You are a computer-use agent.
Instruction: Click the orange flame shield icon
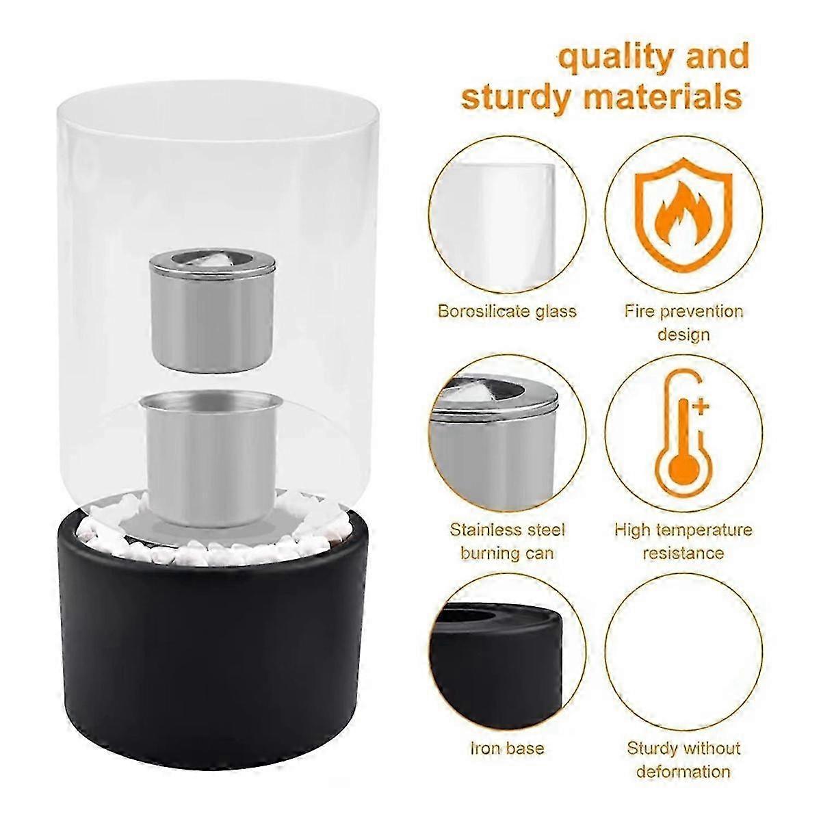tap(683, 215)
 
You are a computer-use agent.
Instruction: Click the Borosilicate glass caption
tap(507, 311)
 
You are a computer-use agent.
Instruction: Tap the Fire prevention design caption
tap(683, 323)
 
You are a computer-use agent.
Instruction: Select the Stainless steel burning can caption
tap(508, 541)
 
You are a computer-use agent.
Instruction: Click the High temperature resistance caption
tap(683, 541)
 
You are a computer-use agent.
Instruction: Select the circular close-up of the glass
tap(507, 215)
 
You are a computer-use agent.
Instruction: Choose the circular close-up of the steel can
tap(507, 433)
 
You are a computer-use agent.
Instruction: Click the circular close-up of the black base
tap(507, 652)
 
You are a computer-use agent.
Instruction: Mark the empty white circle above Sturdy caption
tap(683, 652)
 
